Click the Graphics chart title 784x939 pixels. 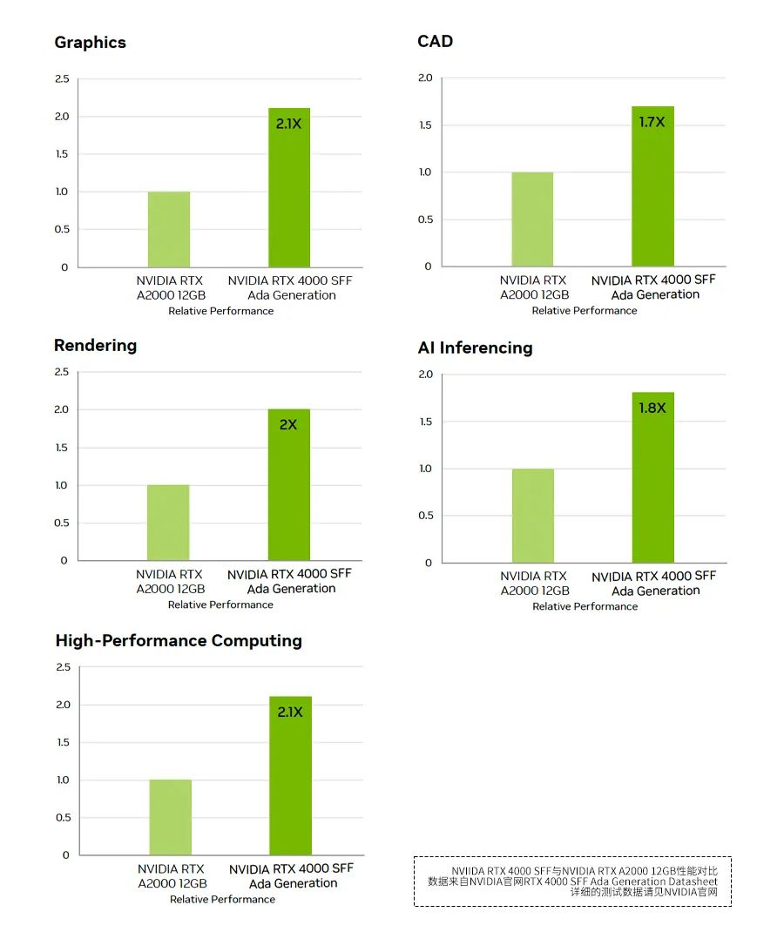point(90,43)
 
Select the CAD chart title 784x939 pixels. point(435,42)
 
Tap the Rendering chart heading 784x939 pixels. point(95,346)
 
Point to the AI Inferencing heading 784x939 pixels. point(475,348)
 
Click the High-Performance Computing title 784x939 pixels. point(179,641)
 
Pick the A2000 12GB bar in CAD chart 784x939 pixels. point(532,220)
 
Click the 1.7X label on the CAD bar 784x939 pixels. point(652,122)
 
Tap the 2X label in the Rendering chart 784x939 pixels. point(288,425)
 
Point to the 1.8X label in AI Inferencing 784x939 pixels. point(652,408)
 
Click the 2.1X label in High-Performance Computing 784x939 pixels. point(290,712)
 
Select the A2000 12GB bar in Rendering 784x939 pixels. point(168,523)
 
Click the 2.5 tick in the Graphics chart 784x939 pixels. point(62,79)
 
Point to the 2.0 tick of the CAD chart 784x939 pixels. point(425,78)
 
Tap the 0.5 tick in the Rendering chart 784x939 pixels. point(61,524)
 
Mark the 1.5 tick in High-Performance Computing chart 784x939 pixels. point(63,742)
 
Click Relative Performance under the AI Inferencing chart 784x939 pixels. point(585,606)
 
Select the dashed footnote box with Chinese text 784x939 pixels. point(572,882)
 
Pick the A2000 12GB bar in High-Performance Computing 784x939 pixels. point(170,817)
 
